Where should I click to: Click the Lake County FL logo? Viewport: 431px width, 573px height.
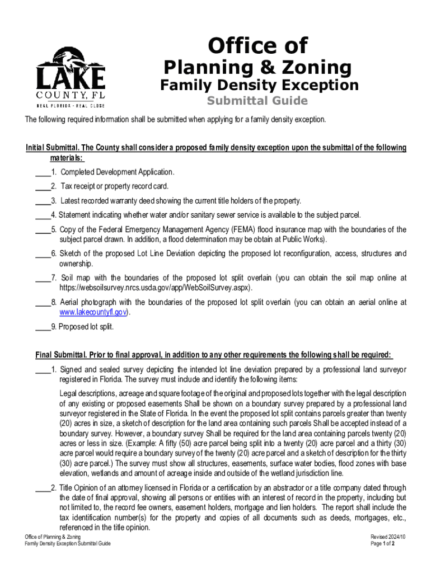(x=71, y=77)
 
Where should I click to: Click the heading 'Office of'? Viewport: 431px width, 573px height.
(x=257, y=45)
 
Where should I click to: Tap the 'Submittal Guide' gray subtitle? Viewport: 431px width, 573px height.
(x=257, y=101)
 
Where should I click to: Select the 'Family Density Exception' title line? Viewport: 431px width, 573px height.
(x=259, y=85)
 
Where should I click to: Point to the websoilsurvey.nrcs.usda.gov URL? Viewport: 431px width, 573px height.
(x=156, y=288)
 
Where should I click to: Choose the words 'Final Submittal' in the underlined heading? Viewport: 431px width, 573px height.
(x=60, y=355)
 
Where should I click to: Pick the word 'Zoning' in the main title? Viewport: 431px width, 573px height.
(x=322, y=68)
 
